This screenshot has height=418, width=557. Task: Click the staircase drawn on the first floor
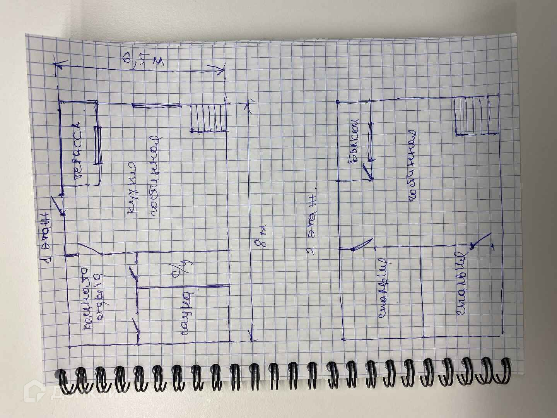[208, 118]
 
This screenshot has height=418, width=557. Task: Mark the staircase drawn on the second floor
[476, 116]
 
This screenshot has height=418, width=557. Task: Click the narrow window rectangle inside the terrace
[99, 145]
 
